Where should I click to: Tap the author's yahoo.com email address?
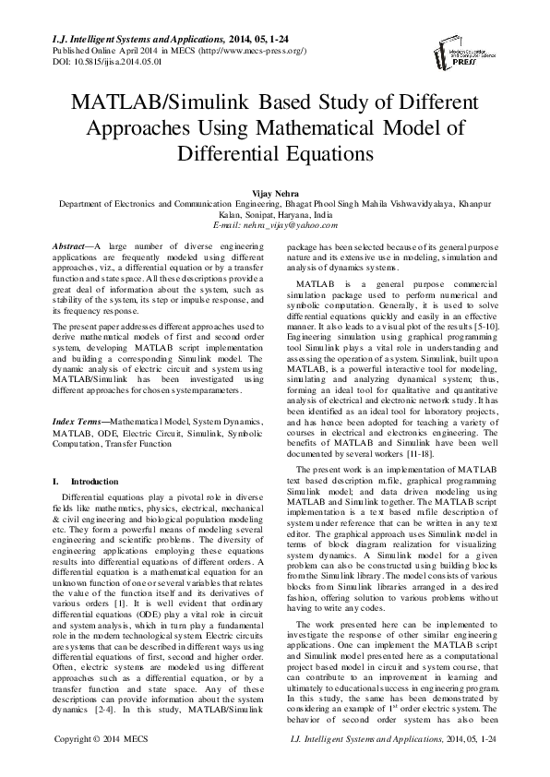coord(275,223)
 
